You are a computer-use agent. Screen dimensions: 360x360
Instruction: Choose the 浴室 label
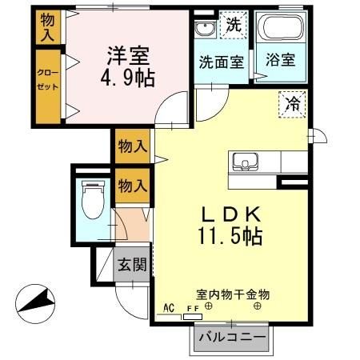pyautogui.click(x=281, y=60)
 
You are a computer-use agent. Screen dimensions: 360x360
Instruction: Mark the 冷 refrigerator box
pyautogui.click(x=292, y=103)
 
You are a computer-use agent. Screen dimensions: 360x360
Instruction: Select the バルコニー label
pyautogui.click(x=231, y=338)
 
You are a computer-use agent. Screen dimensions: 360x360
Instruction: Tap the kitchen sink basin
pyautogui.click(x=242, y=162)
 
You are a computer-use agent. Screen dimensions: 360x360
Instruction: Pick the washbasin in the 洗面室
pyautogui.click(x=203, y=30)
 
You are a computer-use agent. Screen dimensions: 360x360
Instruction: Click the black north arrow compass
pyautogui.click(x=36, y=302)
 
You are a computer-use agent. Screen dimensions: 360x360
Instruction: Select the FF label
pyautogui.click(x=192, y=308)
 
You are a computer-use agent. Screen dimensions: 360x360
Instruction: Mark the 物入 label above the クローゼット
pyautogui.click(x=47, y=26)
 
